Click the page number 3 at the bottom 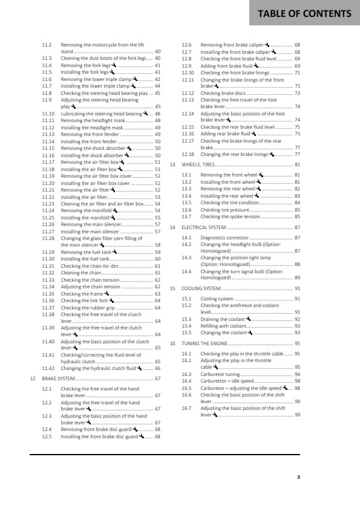298,477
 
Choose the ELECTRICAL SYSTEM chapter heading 204,227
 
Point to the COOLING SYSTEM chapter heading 201,289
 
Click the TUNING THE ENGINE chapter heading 203,343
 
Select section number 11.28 48,238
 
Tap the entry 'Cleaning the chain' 80,273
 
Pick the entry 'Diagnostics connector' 224,238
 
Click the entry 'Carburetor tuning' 220,374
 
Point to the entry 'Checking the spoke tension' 231,216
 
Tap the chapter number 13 172,164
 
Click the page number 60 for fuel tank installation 158,259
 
